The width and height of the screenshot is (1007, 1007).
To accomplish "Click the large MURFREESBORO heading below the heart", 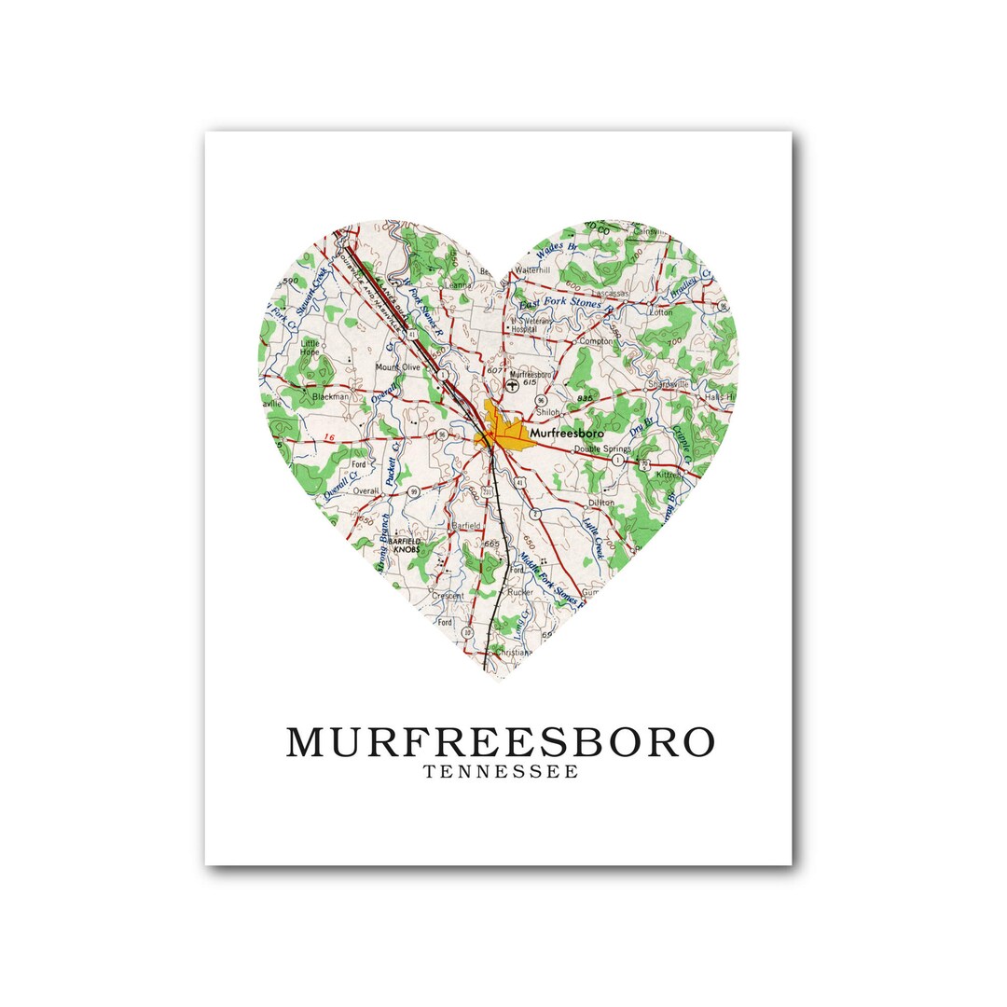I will tap(501, 742).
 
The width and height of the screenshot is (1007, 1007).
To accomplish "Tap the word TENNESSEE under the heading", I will tap(501, 772).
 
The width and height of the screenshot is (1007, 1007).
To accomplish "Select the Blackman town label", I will tap(330, 396).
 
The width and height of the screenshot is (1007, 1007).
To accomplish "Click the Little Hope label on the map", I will tap(309, 348).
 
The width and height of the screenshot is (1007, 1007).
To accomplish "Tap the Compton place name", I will tap(596, 341).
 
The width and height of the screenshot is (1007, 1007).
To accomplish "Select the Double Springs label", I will tap(602, 448).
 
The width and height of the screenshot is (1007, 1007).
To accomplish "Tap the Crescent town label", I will tap(448, 595).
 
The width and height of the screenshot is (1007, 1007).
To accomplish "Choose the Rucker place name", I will tap(520, 591).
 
